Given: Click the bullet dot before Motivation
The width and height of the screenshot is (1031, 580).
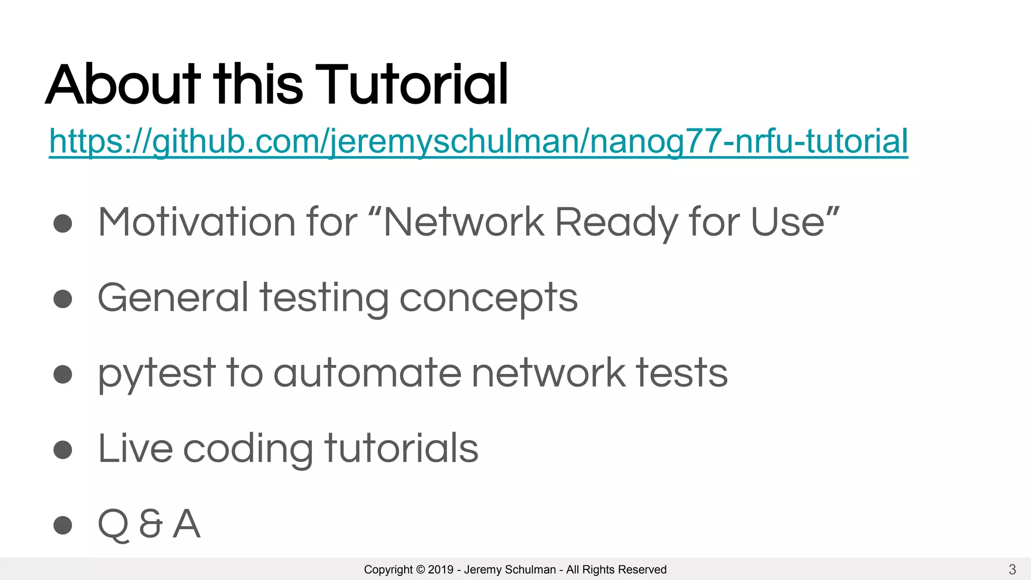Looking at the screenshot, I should [63, 223].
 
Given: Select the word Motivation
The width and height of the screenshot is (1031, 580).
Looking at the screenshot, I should [197, 222].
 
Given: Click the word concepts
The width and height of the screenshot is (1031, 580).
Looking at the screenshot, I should [488, 299].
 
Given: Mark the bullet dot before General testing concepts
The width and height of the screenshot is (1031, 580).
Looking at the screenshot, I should [63, 299].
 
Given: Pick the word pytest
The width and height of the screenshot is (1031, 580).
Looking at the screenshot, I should [157, 374].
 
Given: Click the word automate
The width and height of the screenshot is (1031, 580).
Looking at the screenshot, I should [367, 373].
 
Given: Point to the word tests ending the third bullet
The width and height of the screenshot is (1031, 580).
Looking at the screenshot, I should [682, 373].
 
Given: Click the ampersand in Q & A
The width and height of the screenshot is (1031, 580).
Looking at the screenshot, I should [151, 524].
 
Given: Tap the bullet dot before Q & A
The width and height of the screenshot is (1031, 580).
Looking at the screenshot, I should [63, 525].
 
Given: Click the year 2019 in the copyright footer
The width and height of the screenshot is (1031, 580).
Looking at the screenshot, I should [440, 569].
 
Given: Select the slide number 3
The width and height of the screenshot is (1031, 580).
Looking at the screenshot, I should [1012, 569].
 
